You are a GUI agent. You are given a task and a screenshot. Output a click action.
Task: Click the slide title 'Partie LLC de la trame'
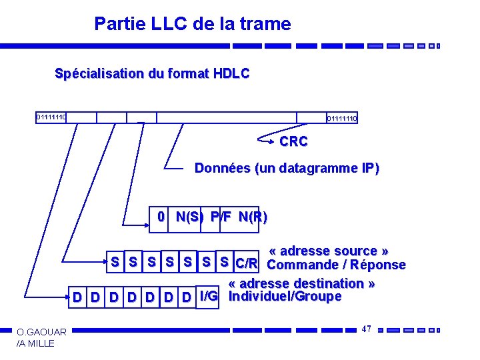193,25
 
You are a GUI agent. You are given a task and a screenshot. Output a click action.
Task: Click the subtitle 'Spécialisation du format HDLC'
152,73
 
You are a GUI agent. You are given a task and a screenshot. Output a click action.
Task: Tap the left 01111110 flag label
51,117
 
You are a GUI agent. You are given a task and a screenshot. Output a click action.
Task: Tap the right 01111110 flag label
342,119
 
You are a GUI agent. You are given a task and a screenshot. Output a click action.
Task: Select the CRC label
293,142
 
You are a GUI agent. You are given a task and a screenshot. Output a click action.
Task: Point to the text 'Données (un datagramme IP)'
287,169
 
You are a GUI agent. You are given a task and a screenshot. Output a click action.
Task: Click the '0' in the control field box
160,217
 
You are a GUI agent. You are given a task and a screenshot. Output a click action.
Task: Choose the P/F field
221,217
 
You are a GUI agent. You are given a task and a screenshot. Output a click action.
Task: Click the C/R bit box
247,264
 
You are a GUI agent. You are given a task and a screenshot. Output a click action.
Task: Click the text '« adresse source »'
329,251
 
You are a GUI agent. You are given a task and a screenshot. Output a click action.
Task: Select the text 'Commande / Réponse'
336,265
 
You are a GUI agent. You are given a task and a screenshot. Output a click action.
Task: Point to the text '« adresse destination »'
301,283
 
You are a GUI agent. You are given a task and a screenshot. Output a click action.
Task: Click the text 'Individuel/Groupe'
285,296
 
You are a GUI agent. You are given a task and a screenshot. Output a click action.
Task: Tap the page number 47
367,329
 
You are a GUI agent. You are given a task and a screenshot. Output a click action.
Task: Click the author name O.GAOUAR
41,332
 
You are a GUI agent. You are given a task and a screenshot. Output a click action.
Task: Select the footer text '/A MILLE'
37,343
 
